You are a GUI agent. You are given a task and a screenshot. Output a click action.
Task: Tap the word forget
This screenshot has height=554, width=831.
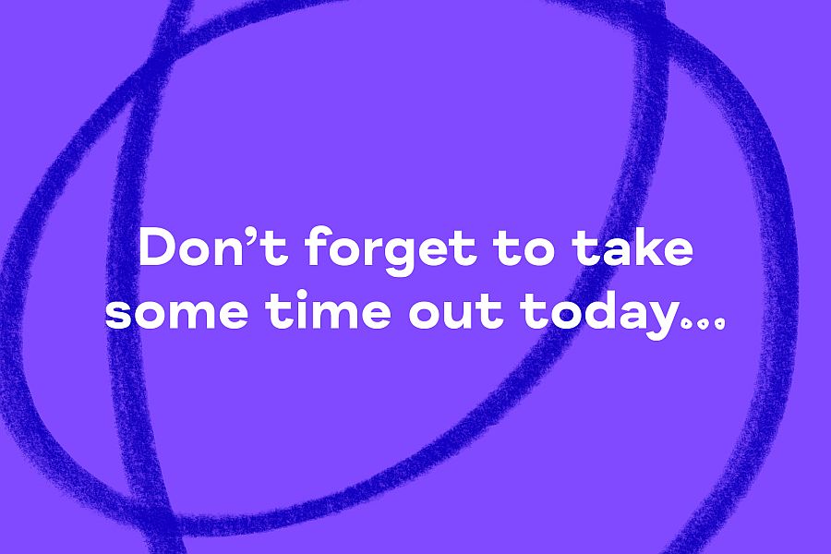(x=391, y=249)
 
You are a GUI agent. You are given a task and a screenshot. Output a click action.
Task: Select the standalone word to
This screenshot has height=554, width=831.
(x=524, y=248)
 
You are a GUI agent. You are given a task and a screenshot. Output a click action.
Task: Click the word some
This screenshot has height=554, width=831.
(x=176, y=313)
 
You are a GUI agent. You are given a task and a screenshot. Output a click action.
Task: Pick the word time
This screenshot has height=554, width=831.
(x=329, y=308)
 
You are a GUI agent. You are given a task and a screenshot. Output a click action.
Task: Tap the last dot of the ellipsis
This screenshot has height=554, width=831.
(x=718, y=323)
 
